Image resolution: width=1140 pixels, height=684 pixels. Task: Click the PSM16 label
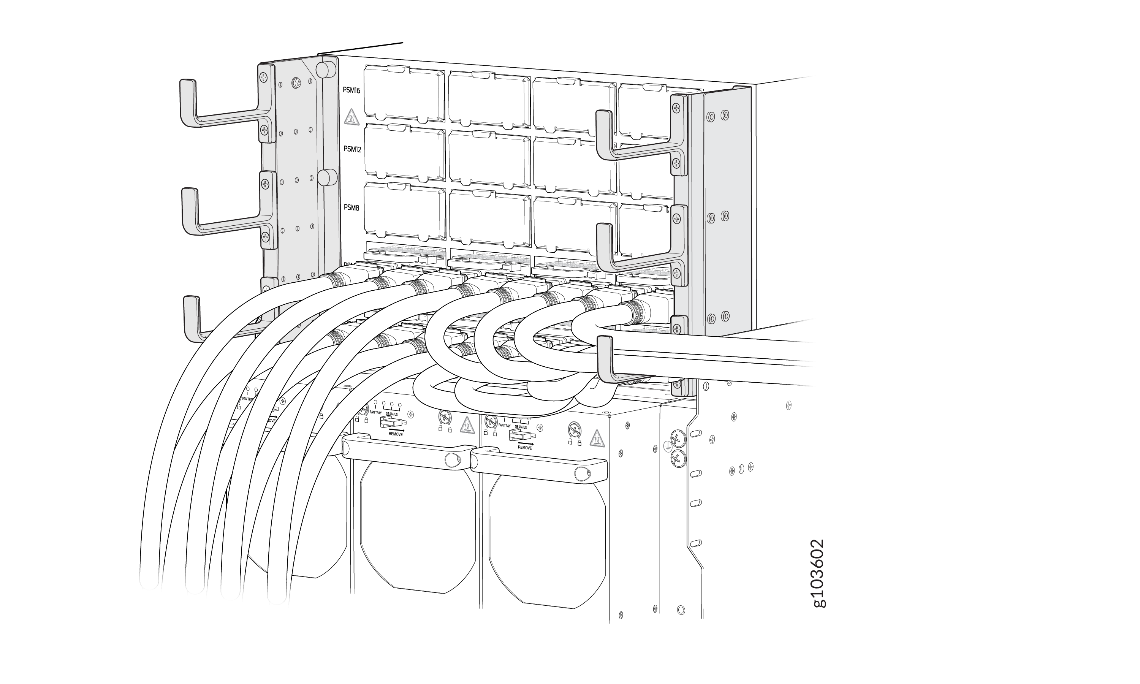pos(351,90)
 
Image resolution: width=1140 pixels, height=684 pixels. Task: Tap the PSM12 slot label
pos(352,149)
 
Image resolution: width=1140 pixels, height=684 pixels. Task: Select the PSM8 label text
pos(351,207)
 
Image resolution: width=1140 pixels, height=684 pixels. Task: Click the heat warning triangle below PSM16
pos(351,117)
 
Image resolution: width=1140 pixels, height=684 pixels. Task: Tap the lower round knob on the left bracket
pos(327,177)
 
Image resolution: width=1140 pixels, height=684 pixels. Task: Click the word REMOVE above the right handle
pos(524,448)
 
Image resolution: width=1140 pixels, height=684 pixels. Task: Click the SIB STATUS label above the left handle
pos(391,414)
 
